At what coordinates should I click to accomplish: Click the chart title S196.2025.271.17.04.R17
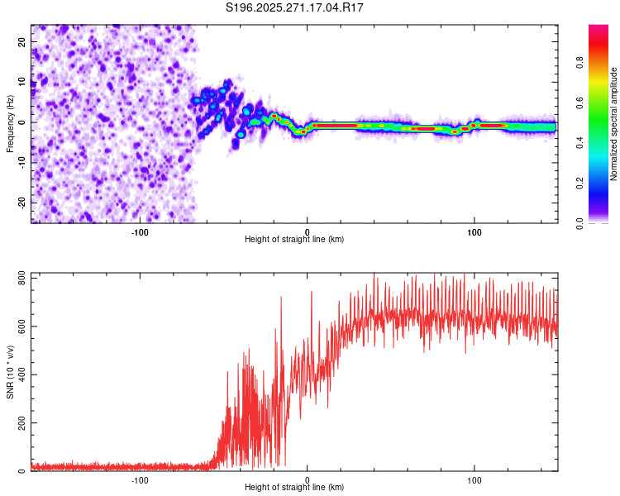(x=295, y=7)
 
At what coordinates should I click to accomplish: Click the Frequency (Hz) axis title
(x=10, y=122)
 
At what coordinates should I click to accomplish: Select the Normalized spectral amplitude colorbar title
(x=613, y=124)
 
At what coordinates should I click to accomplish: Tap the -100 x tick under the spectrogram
(x=140, y=231)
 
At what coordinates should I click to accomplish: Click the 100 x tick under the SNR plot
(x=475, y=480)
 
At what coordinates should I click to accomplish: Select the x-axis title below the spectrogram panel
(x=294, y=239)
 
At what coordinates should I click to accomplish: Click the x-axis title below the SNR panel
(x=294, y=489)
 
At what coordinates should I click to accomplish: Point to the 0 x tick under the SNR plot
(x=308, y=480)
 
